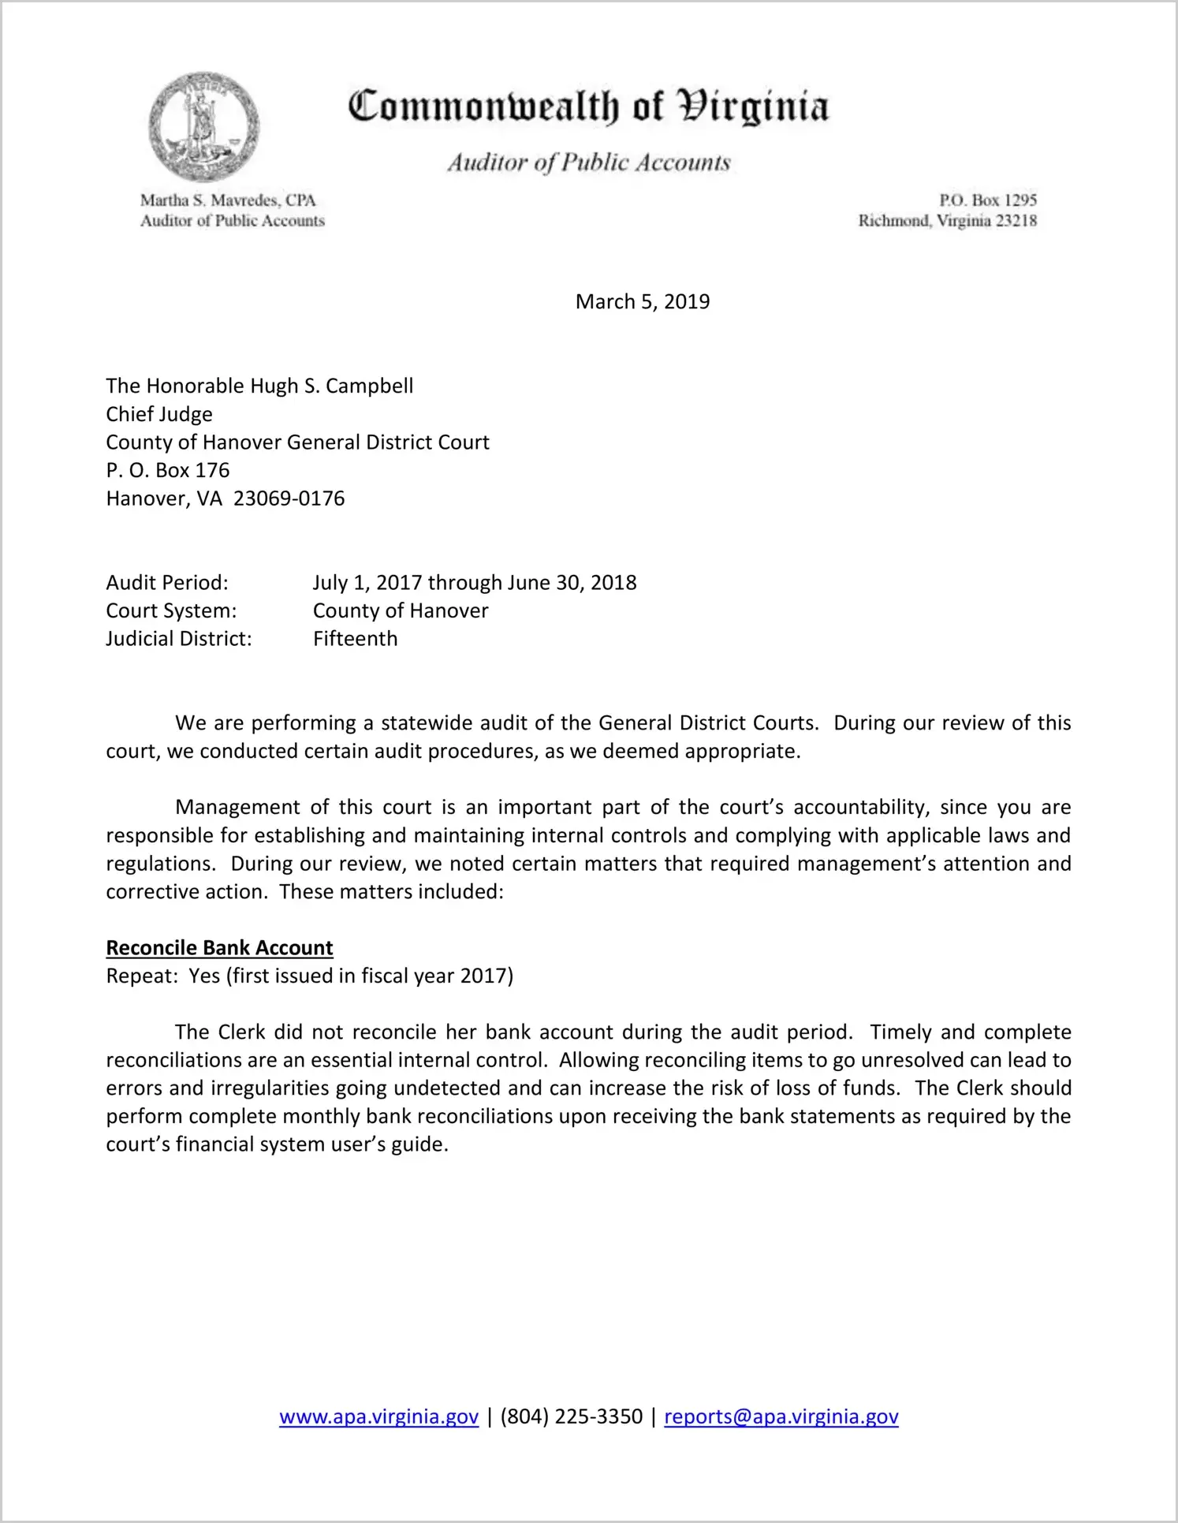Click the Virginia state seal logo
tap(203, 127)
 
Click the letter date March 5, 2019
tap(642, 301)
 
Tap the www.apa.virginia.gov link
tap(378, 1417)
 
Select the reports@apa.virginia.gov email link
tap(781, 1417)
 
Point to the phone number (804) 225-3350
tap(571, 1417)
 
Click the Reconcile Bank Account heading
tap(219, 947)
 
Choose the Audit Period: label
tap(167, 582)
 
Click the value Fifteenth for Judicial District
tap(355, 638)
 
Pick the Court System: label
tap(171, 610)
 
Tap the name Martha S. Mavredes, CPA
tap(228, 200)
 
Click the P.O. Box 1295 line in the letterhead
tap(987, 200)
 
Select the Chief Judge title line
tap(159, 414)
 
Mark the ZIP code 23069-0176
tap(289, 498)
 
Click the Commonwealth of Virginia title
tap(588, 106)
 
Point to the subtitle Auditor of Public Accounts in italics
tap(588, 162)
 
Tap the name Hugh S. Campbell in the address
tap(331, 386)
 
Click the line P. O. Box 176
tap(168, 470)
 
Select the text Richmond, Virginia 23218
tap(947, 221)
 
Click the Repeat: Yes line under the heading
tap(309, 976)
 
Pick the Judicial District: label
tap(179, 638)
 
